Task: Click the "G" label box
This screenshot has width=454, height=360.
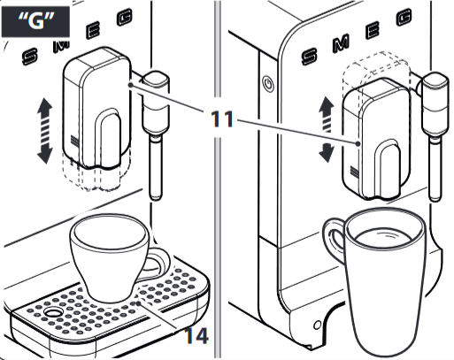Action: (35, 21)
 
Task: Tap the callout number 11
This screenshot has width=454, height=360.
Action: (222, 119)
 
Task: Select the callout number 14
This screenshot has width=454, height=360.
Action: (196, 335)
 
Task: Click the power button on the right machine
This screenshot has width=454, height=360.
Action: (268, 84)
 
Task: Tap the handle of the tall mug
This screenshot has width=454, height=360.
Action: (335, 239)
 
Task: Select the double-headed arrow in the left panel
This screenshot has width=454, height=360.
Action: (44, 131)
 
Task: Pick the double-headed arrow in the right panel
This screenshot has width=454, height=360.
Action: (327, 129)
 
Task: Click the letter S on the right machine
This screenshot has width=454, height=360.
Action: (310, 56)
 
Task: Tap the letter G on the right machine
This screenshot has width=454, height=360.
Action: (404, 18)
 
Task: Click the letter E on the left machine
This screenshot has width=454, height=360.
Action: (93, 31)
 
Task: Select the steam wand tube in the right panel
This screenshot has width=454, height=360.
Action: (435, 171)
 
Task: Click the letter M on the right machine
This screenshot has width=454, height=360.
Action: (342, 43)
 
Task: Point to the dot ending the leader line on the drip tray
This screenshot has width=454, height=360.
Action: (139, 303)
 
